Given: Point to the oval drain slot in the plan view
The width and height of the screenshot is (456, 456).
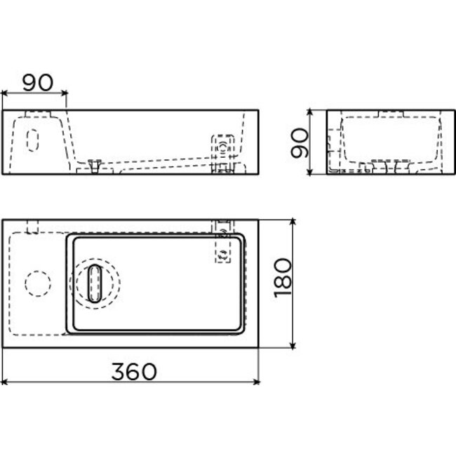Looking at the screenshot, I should pos(95,283).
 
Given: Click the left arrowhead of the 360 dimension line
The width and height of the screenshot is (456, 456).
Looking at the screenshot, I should pos(5,382).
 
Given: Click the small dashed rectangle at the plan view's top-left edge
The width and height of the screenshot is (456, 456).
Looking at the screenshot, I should pos(32,225).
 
